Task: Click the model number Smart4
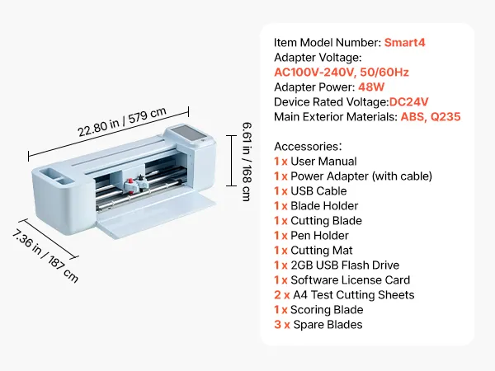pos(404,42)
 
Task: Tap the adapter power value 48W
pos(372,87)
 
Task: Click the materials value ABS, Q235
pos(430,116)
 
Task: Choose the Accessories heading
pos(307,146)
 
